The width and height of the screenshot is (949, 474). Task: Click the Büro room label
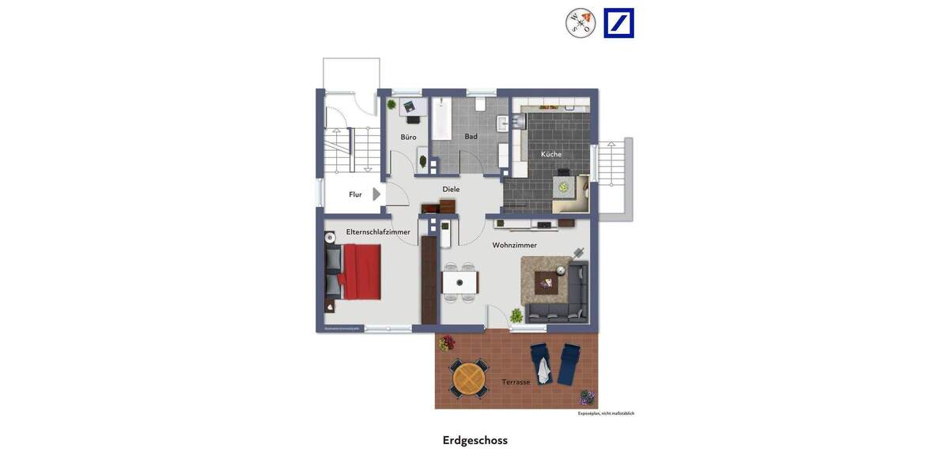pos(408,137)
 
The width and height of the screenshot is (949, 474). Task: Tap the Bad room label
pos(471,137)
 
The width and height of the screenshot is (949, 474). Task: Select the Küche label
pos(551,154)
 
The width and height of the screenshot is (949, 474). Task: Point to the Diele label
pos(451,190)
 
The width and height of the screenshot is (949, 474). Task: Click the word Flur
pos(355,194)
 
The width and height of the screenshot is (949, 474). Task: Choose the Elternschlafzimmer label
pos(378,232)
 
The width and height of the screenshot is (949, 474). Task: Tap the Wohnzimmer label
pos(514,246)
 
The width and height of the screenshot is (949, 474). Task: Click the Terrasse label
pos(516,382)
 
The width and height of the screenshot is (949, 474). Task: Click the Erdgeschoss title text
pos(475,441)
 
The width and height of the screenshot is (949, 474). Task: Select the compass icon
pos(580,23)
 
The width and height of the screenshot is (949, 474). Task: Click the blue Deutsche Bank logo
pos(618,23)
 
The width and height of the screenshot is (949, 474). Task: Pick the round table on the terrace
pos(468,378)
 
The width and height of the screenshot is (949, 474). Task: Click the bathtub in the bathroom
pos(441,119)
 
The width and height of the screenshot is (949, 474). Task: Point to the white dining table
pos(459,282)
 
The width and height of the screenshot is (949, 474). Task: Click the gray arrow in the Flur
pos(376,194)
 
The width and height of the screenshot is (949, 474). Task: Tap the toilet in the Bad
pos(480,104)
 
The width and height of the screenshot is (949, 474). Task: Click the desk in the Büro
pos(412,107)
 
